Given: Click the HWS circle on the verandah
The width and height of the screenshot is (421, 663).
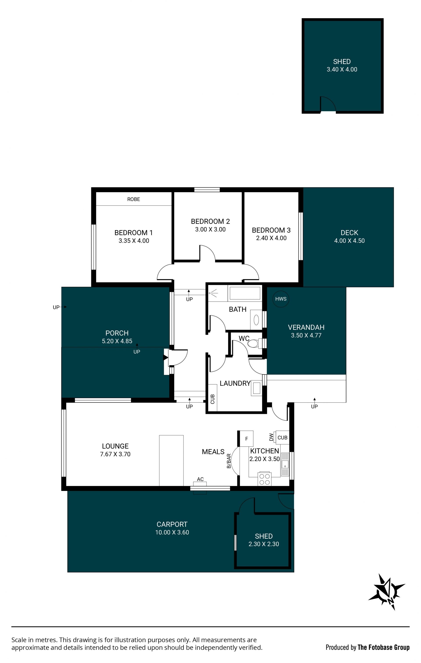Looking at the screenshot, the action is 281,299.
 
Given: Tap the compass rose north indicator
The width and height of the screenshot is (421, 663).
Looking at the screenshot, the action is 387,592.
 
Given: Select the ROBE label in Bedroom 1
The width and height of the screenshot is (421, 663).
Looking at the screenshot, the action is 134,199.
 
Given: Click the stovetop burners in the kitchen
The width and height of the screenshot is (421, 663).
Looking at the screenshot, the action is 264,479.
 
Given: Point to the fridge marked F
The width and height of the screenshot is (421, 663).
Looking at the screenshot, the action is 246,439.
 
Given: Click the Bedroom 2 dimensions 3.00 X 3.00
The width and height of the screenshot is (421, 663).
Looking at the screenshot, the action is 210,229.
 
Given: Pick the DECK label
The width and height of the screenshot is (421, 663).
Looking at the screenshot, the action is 349,233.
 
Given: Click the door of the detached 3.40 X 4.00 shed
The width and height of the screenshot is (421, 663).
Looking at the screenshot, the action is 328,105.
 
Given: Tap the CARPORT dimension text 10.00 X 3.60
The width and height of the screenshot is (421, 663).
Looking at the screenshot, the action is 172,532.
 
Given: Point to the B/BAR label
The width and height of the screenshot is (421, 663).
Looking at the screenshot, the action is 229,461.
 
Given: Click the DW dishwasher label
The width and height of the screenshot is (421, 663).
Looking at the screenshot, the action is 271,437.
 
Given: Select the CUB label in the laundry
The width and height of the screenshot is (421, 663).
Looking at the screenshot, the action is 212,399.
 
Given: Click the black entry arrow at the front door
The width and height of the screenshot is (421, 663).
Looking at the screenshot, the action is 166,358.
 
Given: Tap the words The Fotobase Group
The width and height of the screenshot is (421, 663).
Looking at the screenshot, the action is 384,647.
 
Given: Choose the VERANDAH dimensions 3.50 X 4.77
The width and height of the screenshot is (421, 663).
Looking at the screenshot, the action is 306,335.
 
